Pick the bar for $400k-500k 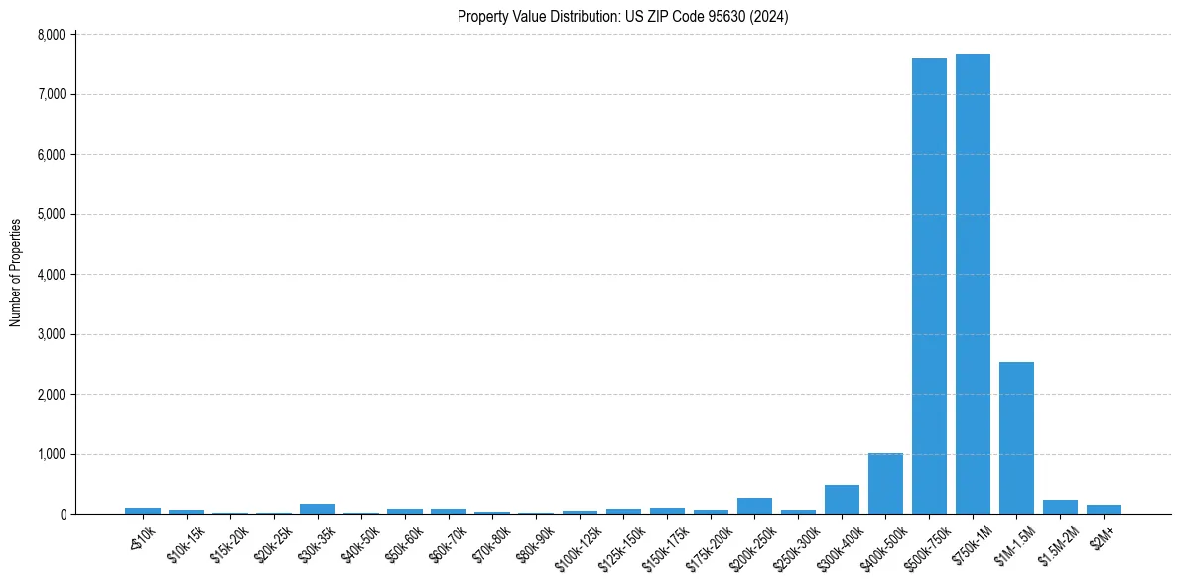pos(885,484)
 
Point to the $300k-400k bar pos(842,500)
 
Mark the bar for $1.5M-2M pos(1060,507)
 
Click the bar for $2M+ pos(1104,509)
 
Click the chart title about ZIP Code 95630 pos(622,16)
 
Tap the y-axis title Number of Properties pos(16,273)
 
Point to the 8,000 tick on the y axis pos(51,35)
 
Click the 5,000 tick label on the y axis pos(51,214)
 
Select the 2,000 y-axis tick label pos(51,395)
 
